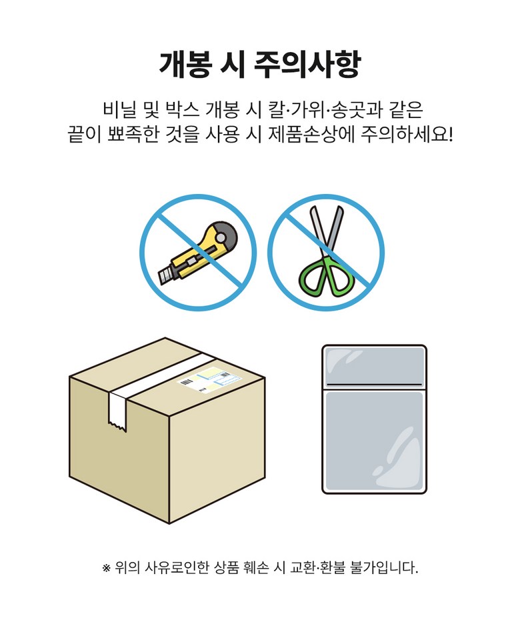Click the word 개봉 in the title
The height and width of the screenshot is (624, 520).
184,64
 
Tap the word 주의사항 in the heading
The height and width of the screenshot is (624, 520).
307,64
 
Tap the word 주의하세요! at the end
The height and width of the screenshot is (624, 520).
407,134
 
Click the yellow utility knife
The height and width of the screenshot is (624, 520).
198,252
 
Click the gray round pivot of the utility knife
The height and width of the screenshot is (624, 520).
221,237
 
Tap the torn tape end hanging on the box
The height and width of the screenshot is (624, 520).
118,410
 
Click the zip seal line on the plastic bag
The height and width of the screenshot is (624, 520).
374,385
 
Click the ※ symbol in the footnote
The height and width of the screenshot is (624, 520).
106,568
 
